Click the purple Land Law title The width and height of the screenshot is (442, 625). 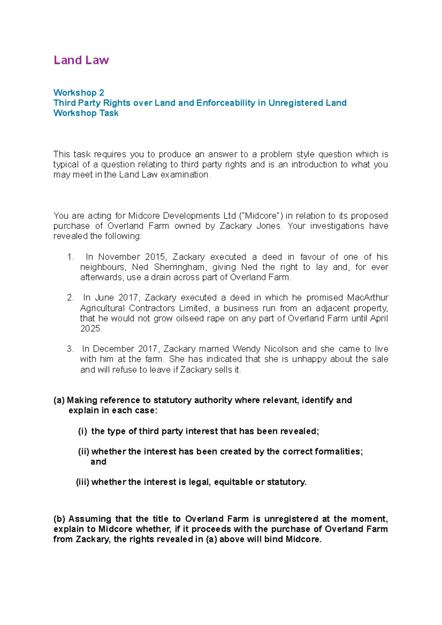[x=81, y=60]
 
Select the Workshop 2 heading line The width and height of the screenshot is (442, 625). [x=79, y=92]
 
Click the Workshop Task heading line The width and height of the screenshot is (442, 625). [x=86, y=113]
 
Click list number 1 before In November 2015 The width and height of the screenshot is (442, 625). [x=71, y=257]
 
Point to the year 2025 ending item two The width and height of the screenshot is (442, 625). [x=90, y=329]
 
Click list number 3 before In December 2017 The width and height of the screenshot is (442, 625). [x=70, y=349]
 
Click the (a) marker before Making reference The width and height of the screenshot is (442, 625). [x=59, y=400]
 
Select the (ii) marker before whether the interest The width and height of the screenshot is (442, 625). [x=84, y=452]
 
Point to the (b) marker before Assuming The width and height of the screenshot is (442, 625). [x=59, y=519]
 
